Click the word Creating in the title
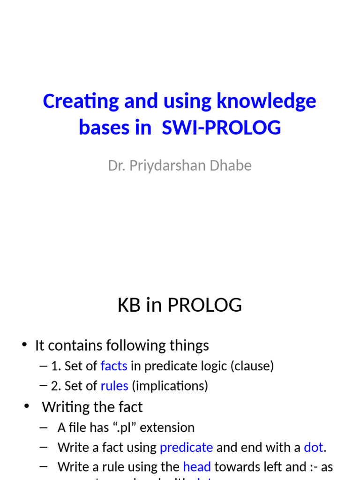(x=74, y=102)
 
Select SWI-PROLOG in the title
(x=221, y=127)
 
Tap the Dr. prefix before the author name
(x=116, y=165)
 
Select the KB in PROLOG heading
(x=180, y=305)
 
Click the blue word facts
(x=114, y=366)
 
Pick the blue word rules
(x=114, y=386)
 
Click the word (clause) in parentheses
(x=252, y=366)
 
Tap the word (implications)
(x=170, y=386)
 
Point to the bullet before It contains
(x=24, y=345)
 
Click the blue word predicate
(x=186, y=447)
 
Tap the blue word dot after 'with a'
(x=314, y=447)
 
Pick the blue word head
(x=197, y=467)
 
